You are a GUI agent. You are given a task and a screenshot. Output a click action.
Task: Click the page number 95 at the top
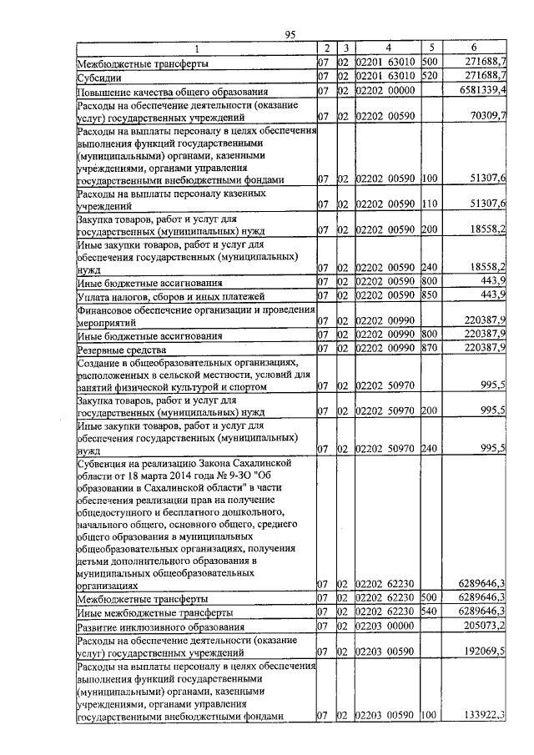[290, 33]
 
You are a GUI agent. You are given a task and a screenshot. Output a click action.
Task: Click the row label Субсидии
[99, 76]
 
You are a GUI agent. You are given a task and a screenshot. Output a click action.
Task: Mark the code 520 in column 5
[431, 76]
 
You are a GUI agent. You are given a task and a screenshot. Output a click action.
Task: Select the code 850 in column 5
[431, 295]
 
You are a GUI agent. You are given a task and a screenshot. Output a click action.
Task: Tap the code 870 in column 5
[431, 349]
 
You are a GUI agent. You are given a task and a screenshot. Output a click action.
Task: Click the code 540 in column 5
[431, 612]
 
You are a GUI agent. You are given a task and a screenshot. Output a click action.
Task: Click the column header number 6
[474, 48]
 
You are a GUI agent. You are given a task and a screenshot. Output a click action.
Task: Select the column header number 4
[387, 48]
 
